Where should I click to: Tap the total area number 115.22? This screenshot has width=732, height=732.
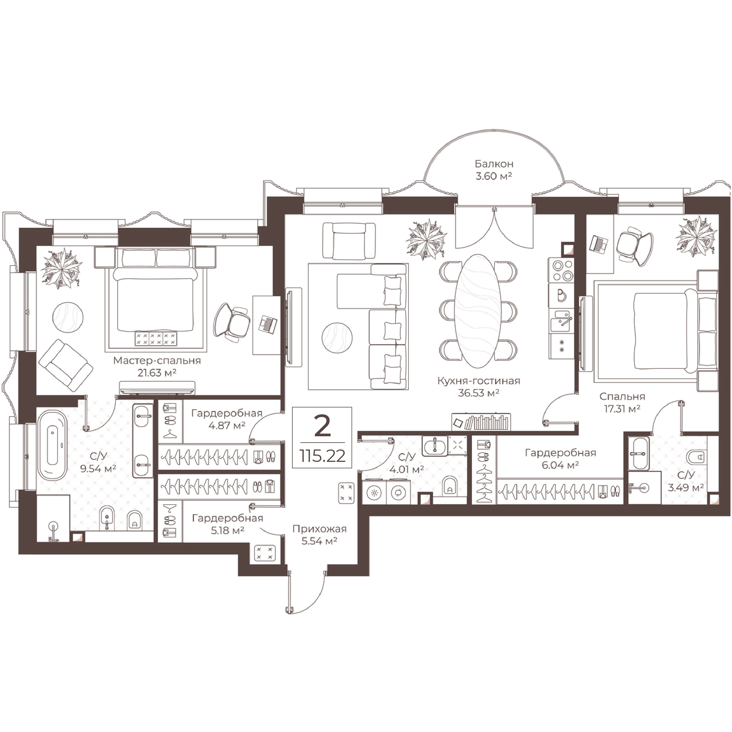coord(322,456)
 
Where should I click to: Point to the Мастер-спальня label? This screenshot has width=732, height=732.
coord(157,360)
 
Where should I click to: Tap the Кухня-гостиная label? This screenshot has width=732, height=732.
coord(478,381)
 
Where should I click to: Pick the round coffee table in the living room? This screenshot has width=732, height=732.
coord(337,338)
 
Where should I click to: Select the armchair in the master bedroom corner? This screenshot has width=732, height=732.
coord(66,365)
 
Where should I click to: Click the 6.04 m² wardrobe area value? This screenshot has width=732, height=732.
coord(560,465)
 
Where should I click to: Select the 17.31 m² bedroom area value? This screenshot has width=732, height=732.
coord(622,409)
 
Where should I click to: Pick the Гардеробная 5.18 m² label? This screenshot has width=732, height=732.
coord(227,524)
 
